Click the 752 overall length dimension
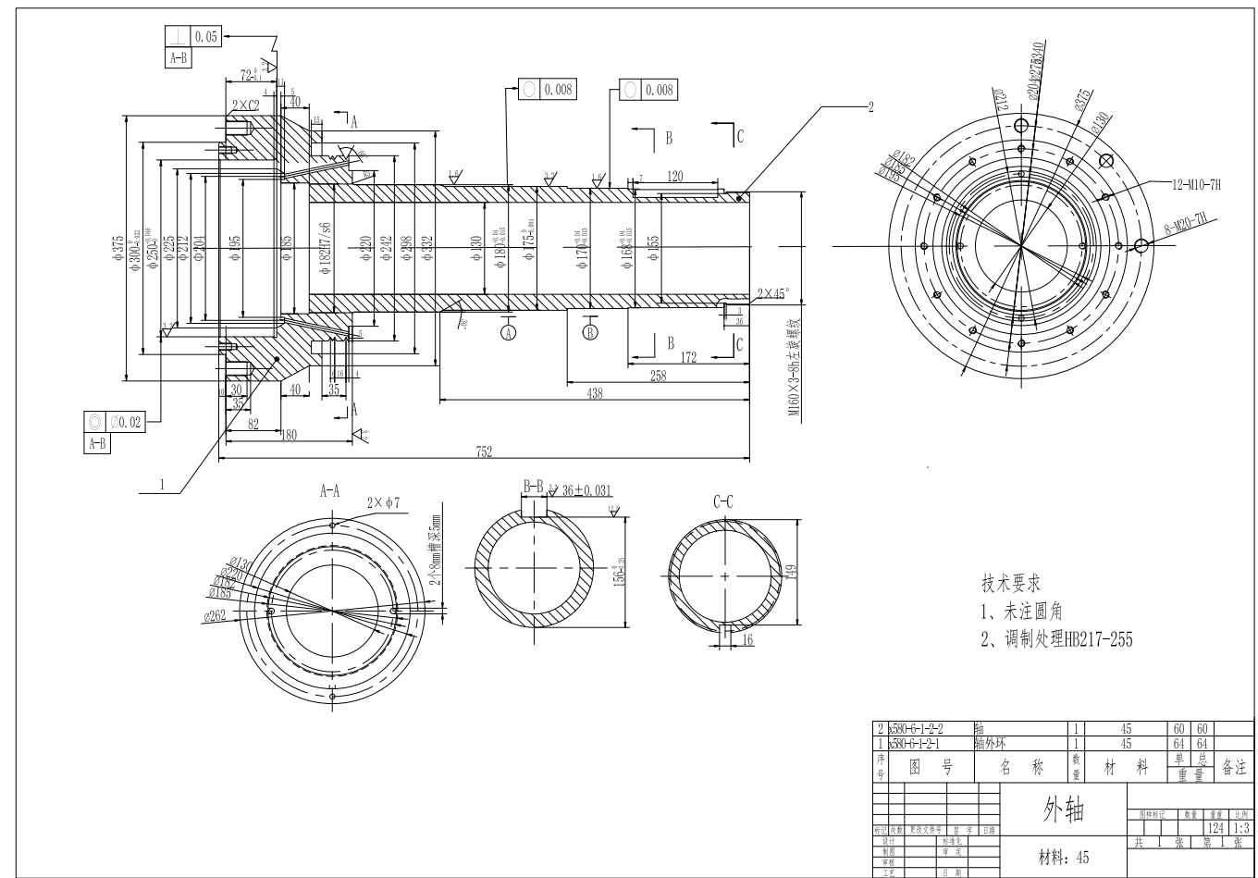pyautogui.click(x=484, y=451)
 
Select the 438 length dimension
pyautogui.click(x=594, y=393)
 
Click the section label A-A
pyautogui.click(x=330, y=491)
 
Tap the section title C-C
pyautogui.click(x=723, y=502)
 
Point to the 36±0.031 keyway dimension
pyautogui.click(x=586, y=490)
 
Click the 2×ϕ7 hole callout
pyautogui.click(x=382, y=503)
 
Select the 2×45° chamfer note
pyautogui.click(x=773, y=293)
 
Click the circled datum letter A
pyautogui.click(x=508, y=332)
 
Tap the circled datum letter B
pyautogui.click(x=590, y=332)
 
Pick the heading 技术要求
pyautogui.click(x=1011, y=584)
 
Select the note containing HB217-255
pyautogui.click(x=1056, y=639)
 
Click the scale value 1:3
pyautogui.click(x=1241, y=828)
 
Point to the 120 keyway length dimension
pyautogui.click(x=674, y=176)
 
